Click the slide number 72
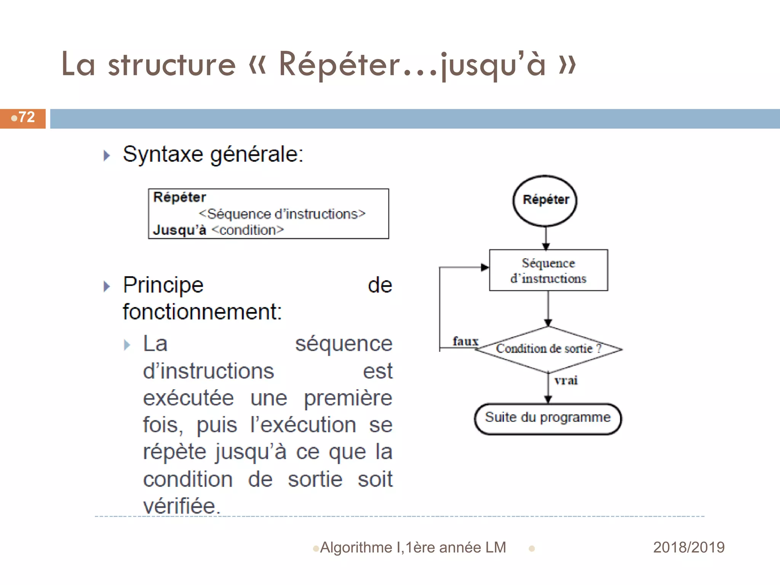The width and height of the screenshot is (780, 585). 26,117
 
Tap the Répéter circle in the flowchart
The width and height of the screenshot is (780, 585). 545,200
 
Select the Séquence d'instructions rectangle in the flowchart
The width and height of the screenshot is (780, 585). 548,270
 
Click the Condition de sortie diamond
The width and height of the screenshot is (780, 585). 548,349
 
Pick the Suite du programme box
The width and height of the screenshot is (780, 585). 548,418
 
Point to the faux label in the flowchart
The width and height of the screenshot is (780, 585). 465,341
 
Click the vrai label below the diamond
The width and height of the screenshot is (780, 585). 566,380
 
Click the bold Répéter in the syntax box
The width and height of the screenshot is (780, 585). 179,197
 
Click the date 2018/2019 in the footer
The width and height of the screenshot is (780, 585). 689,547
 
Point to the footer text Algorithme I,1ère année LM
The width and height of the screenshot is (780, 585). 413,548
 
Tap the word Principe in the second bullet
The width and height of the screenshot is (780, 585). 163,286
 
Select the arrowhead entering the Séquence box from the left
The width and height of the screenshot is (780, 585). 484,267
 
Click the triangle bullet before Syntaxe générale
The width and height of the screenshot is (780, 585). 107,155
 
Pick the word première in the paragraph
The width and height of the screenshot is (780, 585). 348,398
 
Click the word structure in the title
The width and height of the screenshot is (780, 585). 172,65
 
